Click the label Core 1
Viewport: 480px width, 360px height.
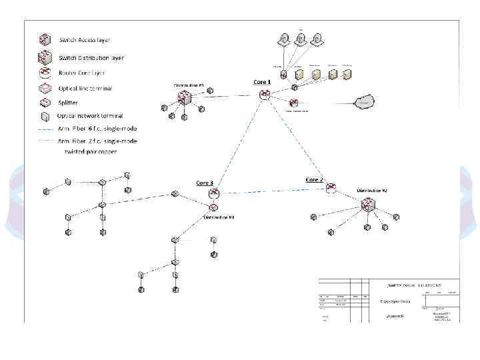coord(262,82)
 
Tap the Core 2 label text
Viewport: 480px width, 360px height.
coord(314,180)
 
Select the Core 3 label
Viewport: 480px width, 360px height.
coord(205,183)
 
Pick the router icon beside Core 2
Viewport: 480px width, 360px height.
coord(331,189)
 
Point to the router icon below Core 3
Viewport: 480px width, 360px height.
coord(214,194)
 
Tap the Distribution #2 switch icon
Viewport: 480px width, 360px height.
coord(368,205)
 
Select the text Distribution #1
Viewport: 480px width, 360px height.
coord(189,86)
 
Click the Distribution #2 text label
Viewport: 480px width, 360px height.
coord(372,190)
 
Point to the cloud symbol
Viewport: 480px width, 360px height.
coord(363,102)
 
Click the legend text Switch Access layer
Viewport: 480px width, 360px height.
coord(87,41)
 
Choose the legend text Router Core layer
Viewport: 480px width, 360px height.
coord(82,73)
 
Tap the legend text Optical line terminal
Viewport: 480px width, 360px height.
coord(85,88)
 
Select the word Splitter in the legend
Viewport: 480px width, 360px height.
coord(68,103)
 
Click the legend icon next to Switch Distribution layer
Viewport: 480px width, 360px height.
coord(45,56)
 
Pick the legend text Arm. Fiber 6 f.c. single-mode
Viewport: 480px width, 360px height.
coord(97,128)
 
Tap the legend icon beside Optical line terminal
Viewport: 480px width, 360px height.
coord(45,88)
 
